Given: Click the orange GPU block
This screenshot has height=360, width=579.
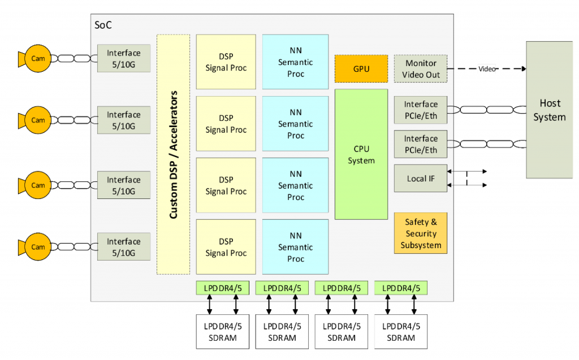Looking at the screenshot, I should pos(361,68).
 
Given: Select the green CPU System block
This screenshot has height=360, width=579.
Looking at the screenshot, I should pos(361,154).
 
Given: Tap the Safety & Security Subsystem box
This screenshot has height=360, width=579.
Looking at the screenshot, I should pos(420,233).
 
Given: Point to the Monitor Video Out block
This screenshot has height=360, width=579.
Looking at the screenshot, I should pos(420,69).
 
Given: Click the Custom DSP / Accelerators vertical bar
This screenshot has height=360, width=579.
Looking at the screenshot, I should pos(174,154).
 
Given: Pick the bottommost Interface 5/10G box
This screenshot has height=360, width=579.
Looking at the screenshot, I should pos(124,247).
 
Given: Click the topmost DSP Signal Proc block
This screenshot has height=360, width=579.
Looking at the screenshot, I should pos(226,62).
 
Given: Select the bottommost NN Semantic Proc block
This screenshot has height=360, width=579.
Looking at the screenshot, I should pos(295,247).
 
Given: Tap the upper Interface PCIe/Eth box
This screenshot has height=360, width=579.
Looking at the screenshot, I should pos(420,110).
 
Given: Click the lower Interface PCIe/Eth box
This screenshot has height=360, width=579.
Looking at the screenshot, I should pos(420,144).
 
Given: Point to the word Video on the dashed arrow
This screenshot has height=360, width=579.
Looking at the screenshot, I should pos(487,69).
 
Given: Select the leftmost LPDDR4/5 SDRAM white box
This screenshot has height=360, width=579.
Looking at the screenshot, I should pos(222,332).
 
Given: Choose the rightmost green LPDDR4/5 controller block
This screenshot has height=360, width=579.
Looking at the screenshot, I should pos(400,288).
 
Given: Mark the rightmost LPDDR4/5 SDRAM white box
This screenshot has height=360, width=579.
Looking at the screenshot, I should pos(401,332).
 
